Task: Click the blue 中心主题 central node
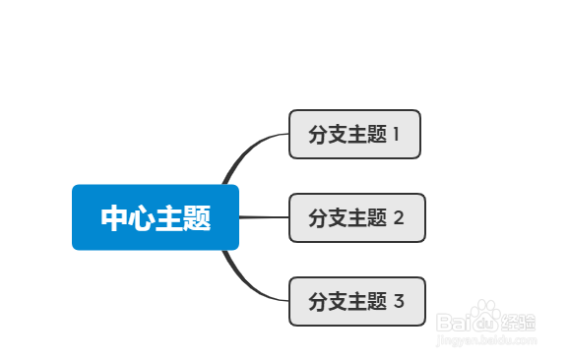click(156, 217)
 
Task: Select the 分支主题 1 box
click(354, 134)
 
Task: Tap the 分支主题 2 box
click(356, 217)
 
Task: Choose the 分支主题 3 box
click(356, 301)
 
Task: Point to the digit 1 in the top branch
click(397, 135)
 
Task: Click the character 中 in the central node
click(114, 218)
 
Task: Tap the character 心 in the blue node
click(142, 218)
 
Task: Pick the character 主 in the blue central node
click(169, 218)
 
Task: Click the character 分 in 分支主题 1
click(318, 135)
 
